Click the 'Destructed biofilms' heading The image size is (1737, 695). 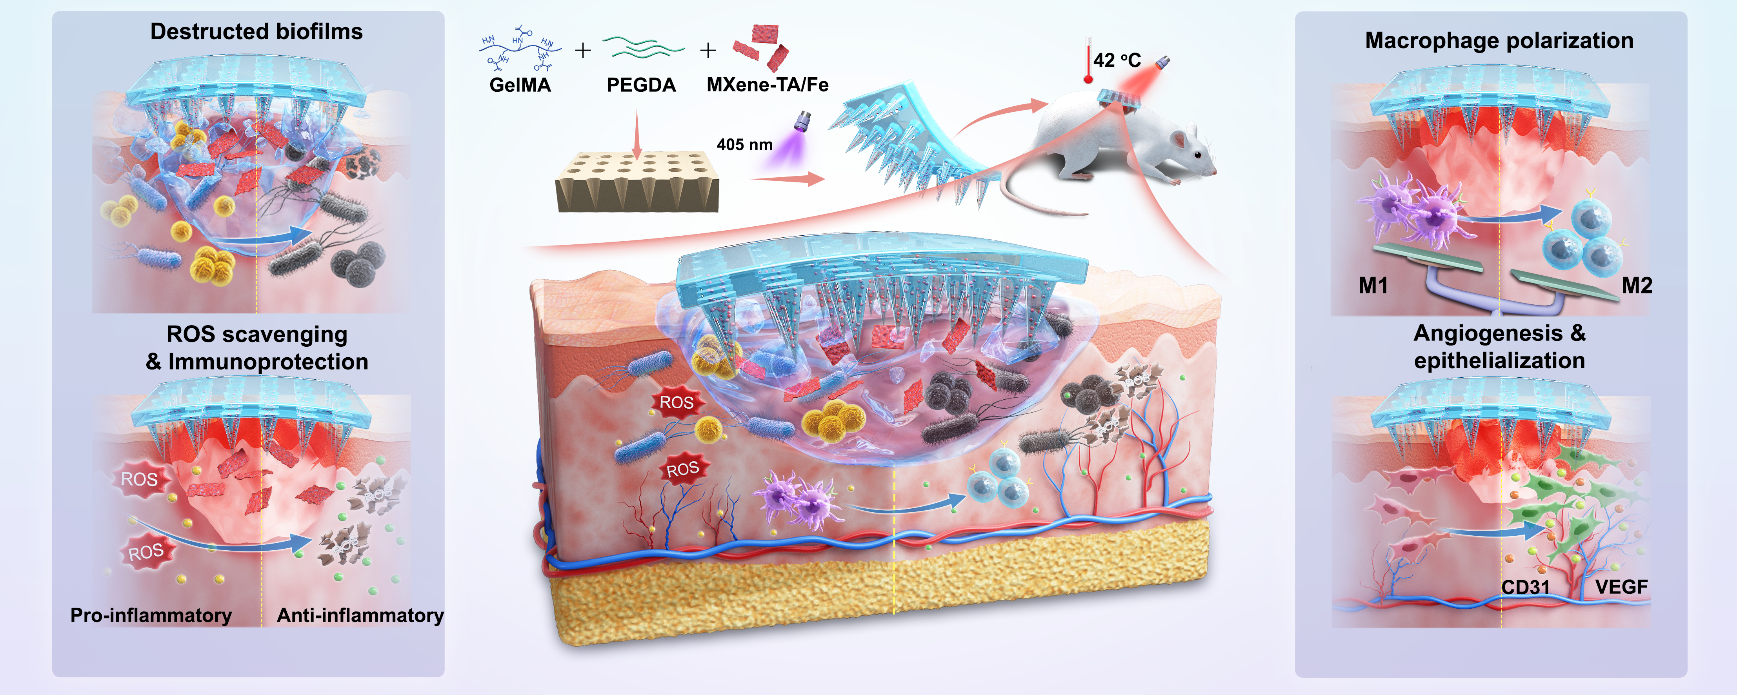click(256, 32)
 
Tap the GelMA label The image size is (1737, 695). click(520, 85)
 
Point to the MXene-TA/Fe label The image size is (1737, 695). click(768, 85)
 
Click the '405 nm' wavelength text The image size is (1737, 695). click(744, 144)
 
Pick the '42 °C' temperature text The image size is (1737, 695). click(1117, 61)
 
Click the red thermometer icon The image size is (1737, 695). click(1088, 61)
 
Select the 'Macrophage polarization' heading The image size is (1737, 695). click(1499, 40)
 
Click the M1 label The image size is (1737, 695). click(1373, 286)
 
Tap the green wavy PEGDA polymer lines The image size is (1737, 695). click(643, 47)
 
